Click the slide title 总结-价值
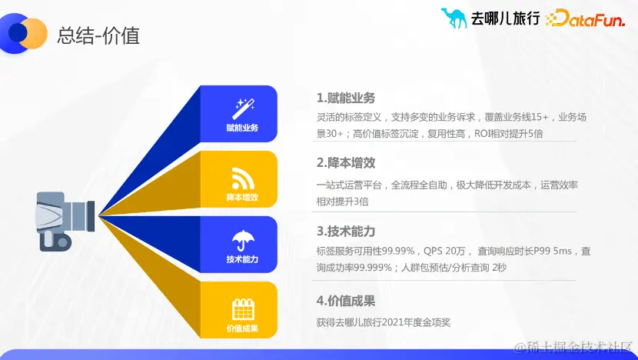(98, 35)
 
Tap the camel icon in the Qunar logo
(454, 17)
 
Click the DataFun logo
(585, 18)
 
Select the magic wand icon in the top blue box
(242, 108)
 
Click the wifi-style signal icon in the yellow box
(242, 178)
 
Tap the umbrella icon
(242, 239)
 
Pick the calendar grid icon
(242, 309)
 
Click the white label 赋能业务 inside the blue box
(242, 128)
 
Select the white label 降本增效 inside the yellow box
(242, 198)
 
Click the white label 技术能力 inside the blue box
(242, 259)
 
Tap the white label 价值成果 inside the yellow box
(242, 329)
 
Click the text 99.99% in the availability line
(398, 251)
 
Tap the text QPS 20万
(445, 251)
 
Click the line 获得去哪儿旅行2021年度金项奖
(383, 322)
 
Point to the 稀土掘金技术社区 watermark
(573, 348)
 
